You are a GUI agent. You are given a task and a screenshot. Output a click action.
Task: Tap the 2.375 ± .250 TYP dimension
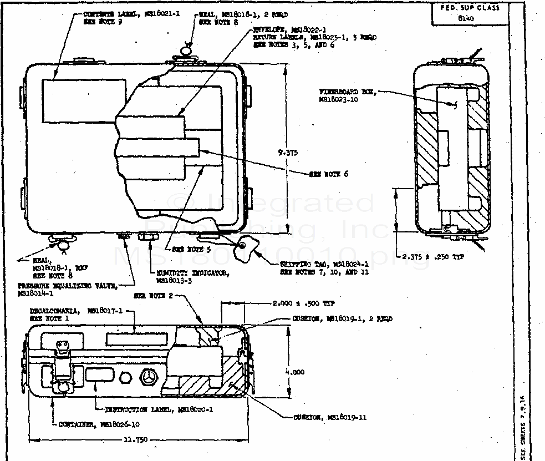click(x=441, y=257)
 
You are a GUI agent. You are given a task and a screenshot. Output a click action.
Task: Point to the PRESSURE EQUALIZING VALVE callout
click(x=67, y=286)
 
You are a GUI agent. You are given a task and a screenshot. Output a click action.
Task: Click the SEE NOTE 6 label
click(x=329, y=174)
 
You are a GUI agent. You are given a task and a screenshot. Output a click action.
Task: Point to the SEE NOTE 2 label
click(x=153, y=296)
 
